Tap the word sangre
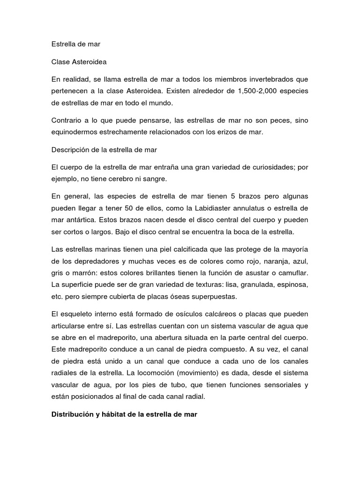pos(152,179)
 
